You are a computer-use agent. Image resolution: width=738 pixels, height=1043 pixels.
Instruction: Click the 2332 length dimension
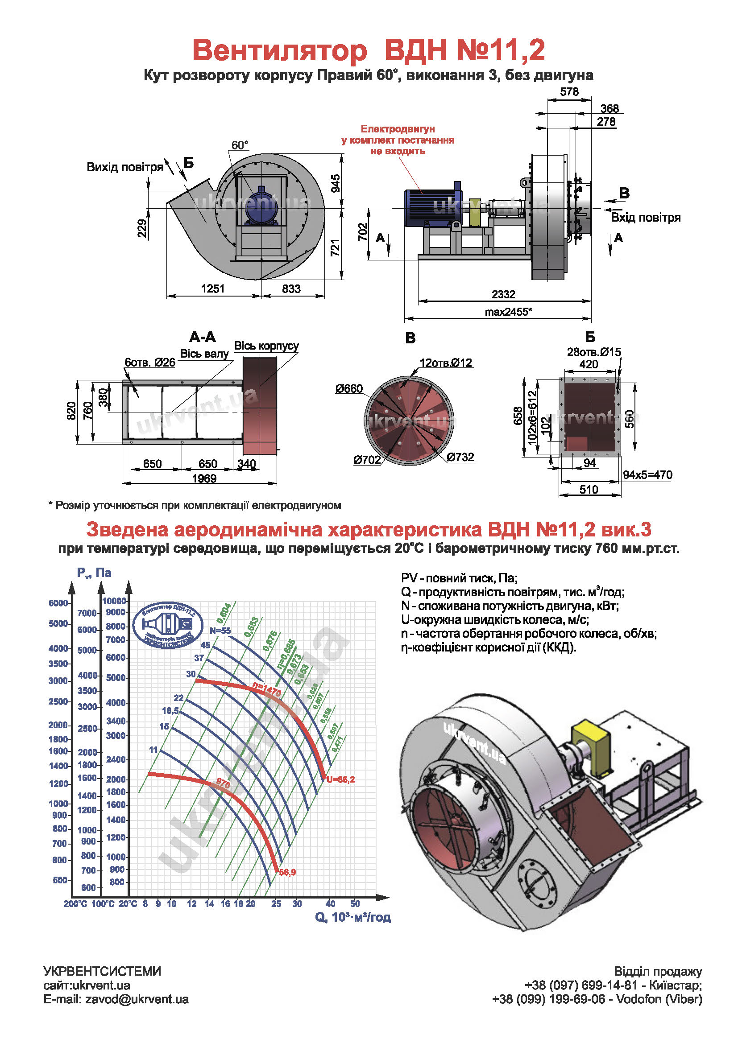coord(503,294)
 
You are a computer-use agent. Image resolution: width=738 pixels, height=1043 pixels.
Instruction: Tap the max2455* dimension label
coord(508,312)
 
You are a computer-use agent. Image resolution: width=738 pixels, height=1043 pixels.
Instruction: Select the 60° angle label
coord(240,145)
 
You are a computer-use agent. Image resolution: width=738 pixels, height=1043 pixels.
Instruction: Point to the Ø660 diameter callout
coord(349,389)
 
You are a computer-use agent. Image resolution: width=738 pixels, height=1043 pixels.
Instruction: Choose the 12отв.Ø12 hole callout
coord(446,363)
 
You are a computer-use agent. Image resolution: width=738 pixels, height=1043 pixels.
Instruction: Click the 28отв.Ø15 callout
coord(593,352)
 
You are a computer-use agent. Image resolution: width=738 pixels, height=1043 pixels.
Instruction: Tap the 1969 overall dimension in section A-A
coord(204,478)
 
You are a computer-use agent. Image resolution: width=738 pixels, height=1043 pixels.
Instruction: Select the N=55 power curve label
coord(220,631)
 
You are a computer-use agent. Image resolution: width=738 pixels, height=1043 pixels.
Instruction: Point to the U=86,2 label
coord(340,779)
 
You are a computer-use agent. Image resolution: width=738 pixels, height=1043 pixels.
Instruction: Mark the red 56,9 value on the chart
coord(288,872)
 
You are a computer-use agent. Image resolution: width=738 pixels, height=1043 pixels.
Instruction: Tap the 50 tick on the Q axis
coord(355,904)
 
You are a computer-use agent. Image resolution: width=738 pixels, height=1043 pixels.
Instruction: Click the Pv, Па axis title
coord(94,573)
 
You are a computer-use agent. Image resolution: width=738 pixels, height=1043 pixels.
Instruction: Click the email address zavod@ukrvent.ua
coord(137,999)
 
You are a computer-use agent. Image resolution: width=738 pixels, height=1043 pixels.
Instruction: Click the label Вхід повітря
coord(645,218)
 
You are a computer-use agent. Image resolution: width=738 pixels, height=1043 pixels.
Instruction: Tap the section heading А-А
coord(203,337)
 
